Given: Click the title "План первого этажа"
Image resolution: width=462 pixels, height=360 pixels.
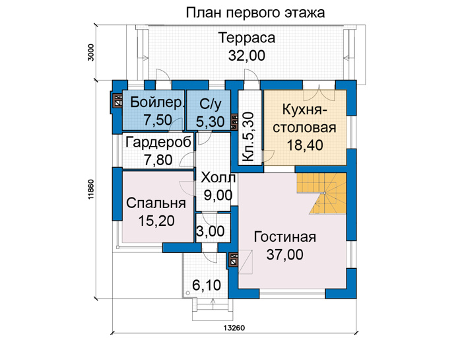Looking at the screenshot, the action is click(255, 13).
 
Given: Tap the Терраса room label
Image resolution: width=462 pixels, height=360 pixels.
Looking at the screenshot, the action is click(247, 38).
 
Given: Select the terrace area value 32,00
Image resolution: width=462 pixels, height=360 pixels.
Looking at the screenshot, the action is click(247, 55).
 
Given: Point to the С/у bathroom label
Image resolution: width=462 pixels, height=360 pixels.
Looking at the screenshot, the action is click(210, 104).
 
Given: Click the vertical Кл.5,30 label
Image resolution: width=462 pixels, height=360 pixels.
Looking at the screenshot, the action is click(247, 137).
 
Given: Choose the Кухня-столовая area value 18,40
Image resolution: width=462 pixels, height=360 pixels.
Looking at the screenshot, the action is click(305, 145).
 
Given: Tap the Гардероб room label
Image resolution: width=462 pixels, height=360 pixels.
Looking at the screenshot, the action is click(158, 143).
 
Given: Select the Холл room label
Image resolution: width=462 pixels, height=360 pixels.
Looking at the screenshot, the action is click(218, 178).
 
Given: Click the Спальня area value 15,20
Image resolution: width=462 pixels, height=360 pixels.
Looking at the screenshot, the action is click(156, 221).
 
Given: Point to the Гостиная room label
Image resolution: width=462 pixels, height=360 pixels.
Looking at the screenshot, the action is click(285, 237).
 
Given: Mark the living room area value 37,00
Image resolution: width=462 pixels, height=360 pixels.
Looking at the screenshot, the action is click(285, 254).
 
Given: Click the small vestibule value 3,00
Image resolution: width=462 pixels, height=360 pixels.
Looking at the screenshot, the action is click(211, 231).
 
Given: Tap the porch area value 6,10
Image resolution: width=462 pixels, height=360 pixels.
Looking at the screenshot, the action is click(207, 285).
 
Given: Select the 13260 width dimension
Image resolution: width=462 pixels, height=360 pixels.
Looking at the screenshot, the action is click(234, 328).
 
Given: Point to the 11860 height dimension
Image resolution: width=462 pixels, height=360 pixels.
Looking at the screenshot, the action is click(91, 190).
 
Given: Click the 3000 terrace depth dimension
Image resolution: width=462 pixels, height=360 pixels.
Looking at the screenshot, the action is click(91, 52).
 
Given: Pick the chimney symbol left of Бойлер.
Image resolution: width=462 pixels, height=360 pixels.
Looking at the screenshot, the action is click(118, 100).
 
